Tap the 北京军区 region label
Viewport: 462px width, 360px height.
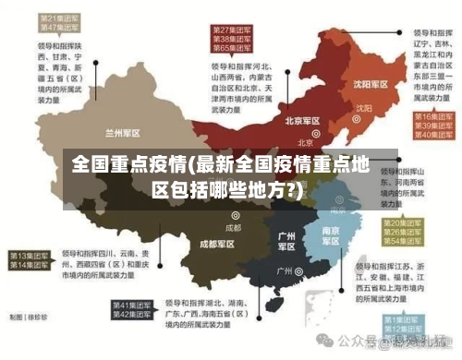click(301, 121)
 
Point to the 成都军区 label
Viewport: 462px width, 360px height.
click(217, 244)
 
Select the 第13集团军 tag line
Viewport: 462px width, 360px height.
click(30, 255)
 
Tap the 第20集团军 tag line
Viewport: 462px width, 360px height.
click(405, 222)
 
